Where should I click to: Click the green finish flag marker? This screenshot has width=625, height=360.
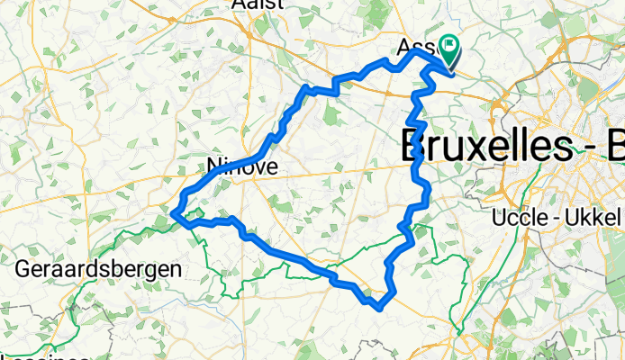[448, 51]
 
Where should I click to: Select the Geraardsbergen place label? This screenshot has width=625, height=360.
[99, 268]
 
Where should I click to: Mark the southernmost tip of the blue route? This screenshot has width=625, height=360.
[379, 308]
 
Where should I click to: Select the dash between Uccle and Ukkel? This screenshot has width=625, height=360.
[558, 218]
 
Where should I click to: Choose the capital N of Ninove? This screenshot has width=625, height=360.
[213, 166]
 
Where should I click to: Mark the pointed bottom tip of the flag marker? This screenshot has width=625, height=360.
[448, 66]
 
